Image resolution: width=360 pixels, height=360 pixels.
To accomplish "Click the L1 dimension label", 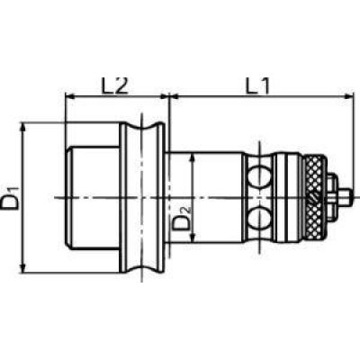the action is coord(257,85).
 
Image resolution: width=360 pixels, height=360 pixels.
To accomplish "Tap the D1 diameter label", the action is coord(11,198).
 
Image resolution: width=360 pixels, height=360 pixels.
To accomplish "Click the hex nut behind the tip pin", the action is coord(332,198).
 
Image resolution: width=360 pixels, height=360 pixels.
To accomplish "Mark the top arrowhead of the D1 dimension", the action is coord(23,127).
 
